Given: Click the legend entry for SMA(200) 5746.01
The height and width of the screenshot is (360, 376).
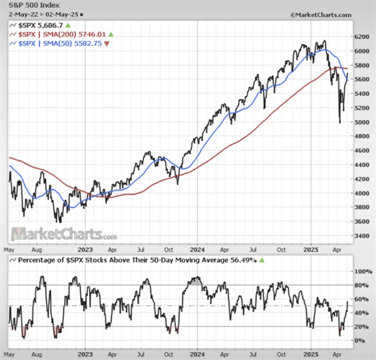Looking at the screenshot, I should click(x=64, y=35).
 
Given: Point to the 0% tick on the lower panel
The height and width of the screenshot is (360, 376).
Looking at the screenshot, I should click(x=361, y=341).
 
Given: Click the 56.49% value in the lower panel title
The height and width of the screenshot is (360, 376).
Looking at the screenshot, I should click(x=244, y=260).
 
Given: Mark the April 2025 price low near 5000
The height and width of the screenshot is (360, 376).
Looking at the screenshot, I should click(x=340, y=122).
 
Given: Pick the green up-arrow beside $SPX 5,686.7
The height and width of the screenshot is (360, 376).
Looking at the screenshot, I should click(x=68, y=26).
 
